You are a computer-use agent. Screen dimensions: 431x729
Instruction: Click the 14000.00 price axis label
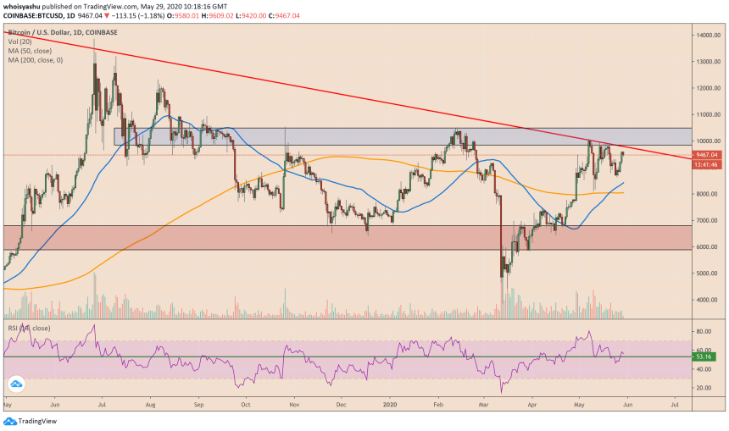point(708,35)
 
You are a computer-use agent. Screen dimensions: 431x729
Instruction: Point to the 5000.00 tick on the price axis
point(707,274)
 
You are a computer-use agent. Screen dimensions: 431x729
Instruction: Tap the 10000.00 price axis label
point(708,141)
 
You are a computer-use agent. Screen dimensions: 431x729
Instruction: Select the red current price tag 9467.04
point(708,155)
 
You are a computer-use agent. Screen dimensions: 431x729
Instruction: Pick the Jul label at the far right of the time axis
point(674,405)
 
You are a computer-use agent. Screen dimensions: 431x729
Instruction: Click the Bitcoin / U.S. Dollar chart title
point(61,31)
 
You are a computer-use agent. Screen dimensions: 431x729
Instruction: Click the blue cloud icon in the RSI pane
point(14,385)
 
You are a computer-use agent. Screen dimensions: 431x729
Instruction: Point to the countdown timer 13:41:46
point(707,164)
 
